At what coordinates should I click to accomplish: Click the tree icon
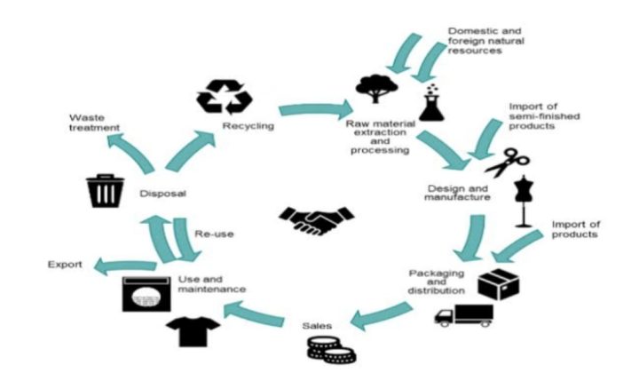[x=371, y=89]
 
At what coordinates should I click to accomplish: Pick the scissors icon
[x=507, y=163]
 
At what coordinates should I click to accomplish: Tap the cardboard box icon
[x=497, y=282]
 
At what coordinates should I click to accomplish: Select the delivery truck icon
[x=462, y=314]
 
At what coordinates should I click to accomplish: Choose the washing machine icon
[x=146, y=294]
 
